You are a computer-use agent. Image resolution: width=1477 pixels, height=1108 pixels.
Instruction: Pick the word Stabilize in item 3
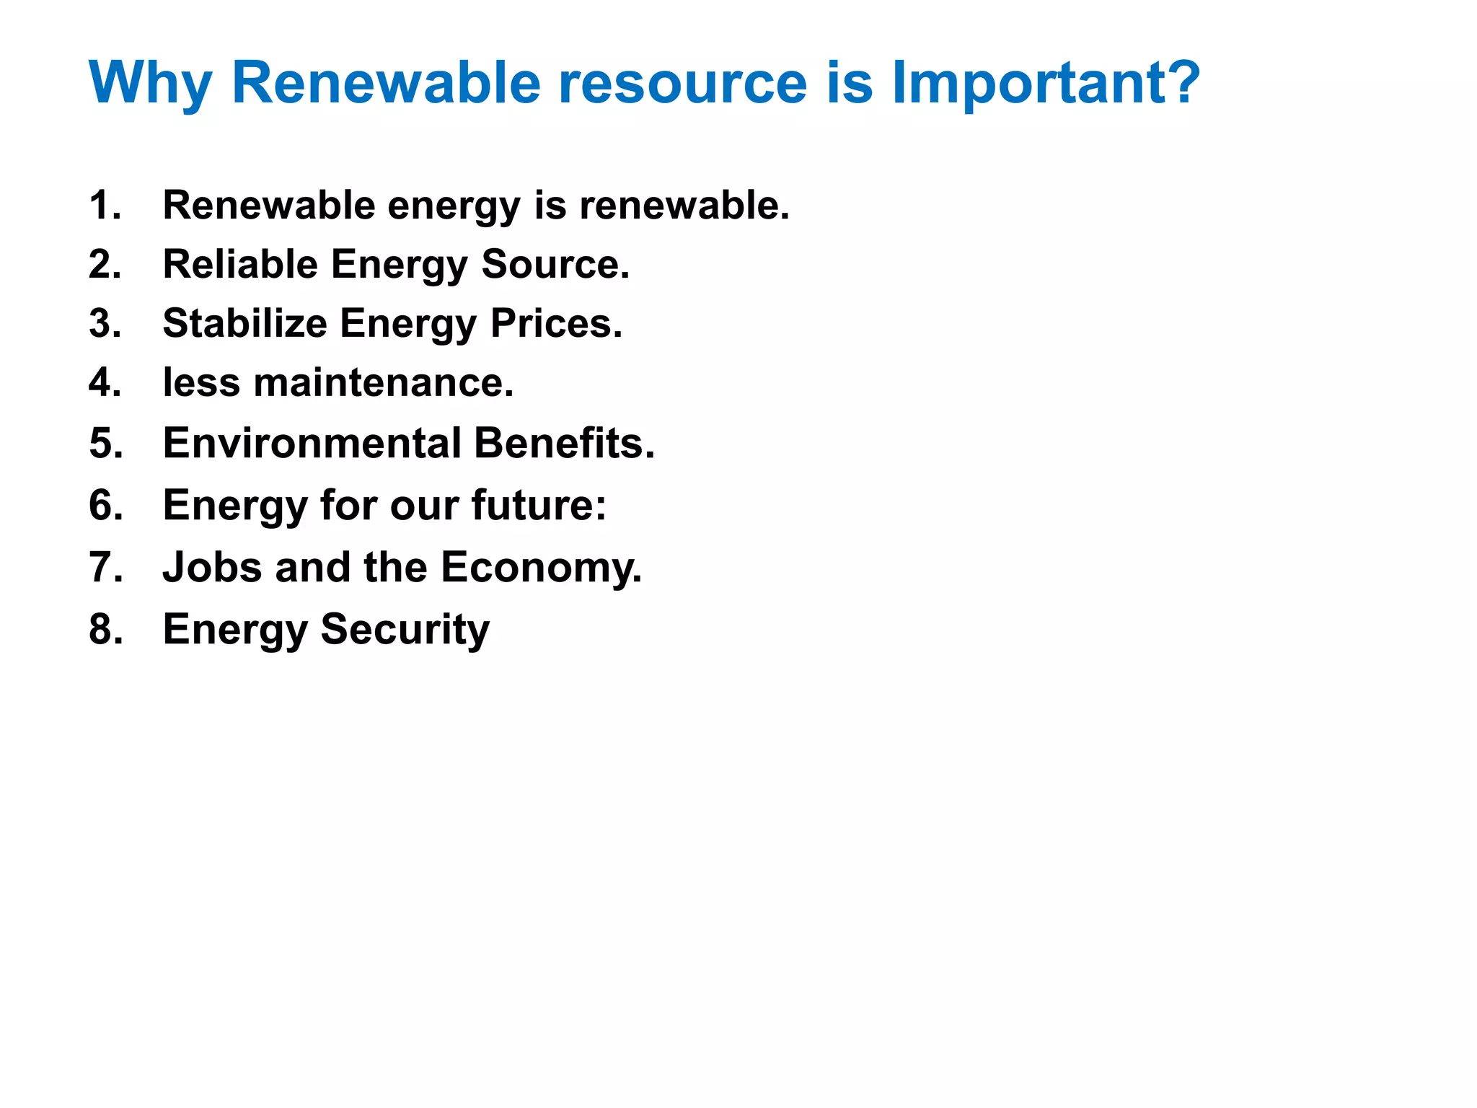(x=244, y=323)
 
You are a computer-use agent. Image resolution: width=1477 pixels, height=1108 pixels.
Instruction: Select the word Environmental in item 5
(x=312, y=443)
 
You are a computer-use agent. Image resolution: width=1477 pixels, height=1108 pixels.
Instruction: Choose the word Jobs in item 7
(x=212, y=567)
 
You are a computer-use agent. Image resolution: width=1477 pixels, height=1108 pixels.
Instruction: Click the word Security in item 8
(x=405, y=630)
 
